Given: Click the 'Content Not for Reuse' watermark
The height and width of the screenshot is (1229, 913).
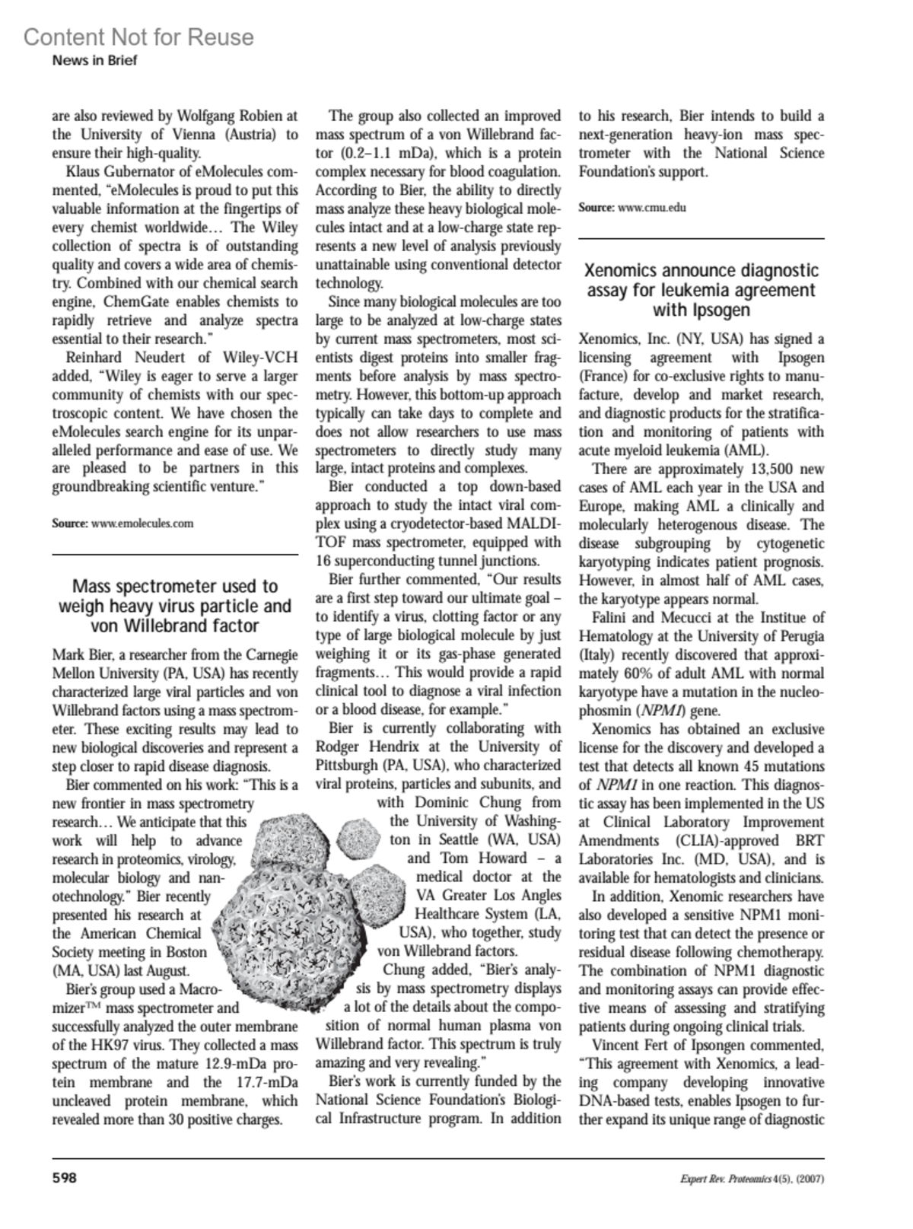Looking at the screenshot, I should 138,37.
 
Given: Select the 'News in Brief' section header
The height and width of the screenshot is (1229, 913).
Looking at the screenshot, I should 94,60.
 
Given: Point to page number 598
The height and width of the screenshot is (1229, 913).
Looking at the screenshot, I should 64,1179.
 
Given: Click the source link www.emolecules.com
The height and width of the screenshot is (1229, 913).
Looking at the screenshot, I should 142,524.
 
